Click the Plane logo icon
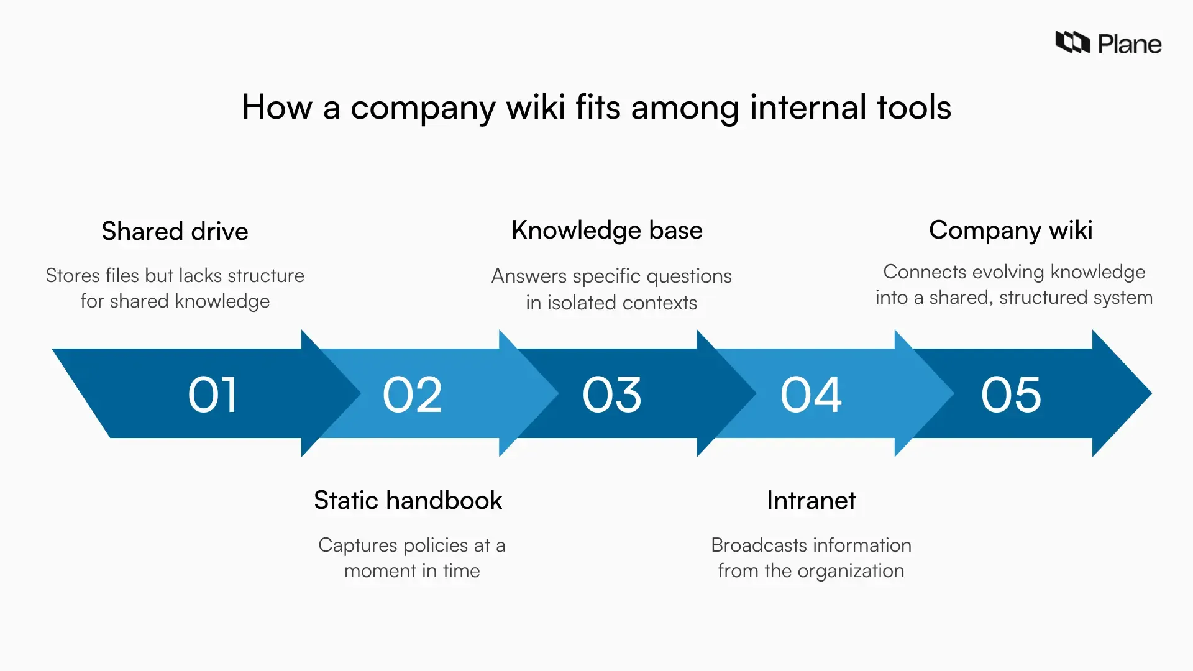pos(1072,42)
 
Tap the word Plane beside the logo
pos(1129,44)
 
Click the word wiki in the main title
pos(535,107)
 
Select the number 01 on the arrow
pos(213,395)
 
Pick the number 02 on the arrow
pos(412,395)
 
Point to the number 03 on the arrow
pos(611,395)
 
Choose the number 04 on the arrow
pos(811,395)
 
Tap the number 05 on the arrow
pos(1011,395)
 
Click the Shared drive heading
pos(175,231)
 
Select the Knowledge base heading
pos(606,230)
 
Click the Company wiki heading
pos(1010,230)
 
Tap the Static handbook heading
pos(408,500)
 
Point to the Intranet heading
pos(811,500)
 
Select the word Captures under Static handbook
pos(357,545)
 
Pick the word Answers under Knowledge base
pos(529,276)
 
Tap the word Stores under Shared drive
pos(73,275)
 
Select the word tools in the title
pos(913,107)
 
